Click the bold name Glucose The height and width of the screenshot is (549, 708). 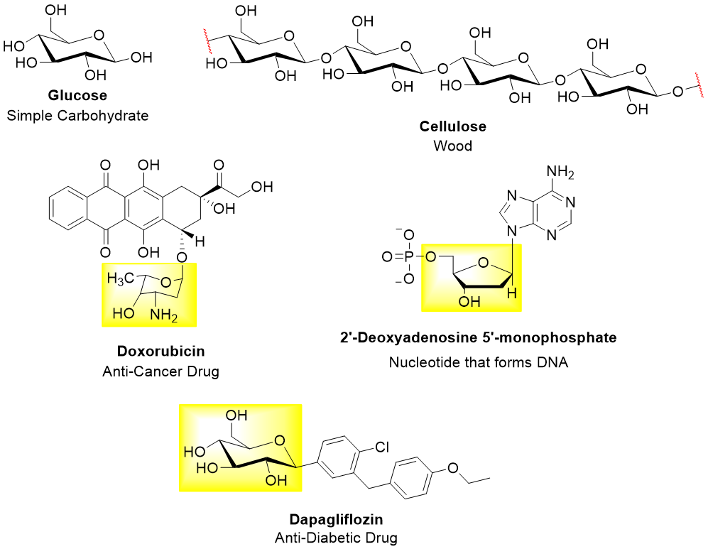(77, 96)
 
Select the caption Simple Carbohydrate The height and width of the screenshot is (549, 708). (77, 114)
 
